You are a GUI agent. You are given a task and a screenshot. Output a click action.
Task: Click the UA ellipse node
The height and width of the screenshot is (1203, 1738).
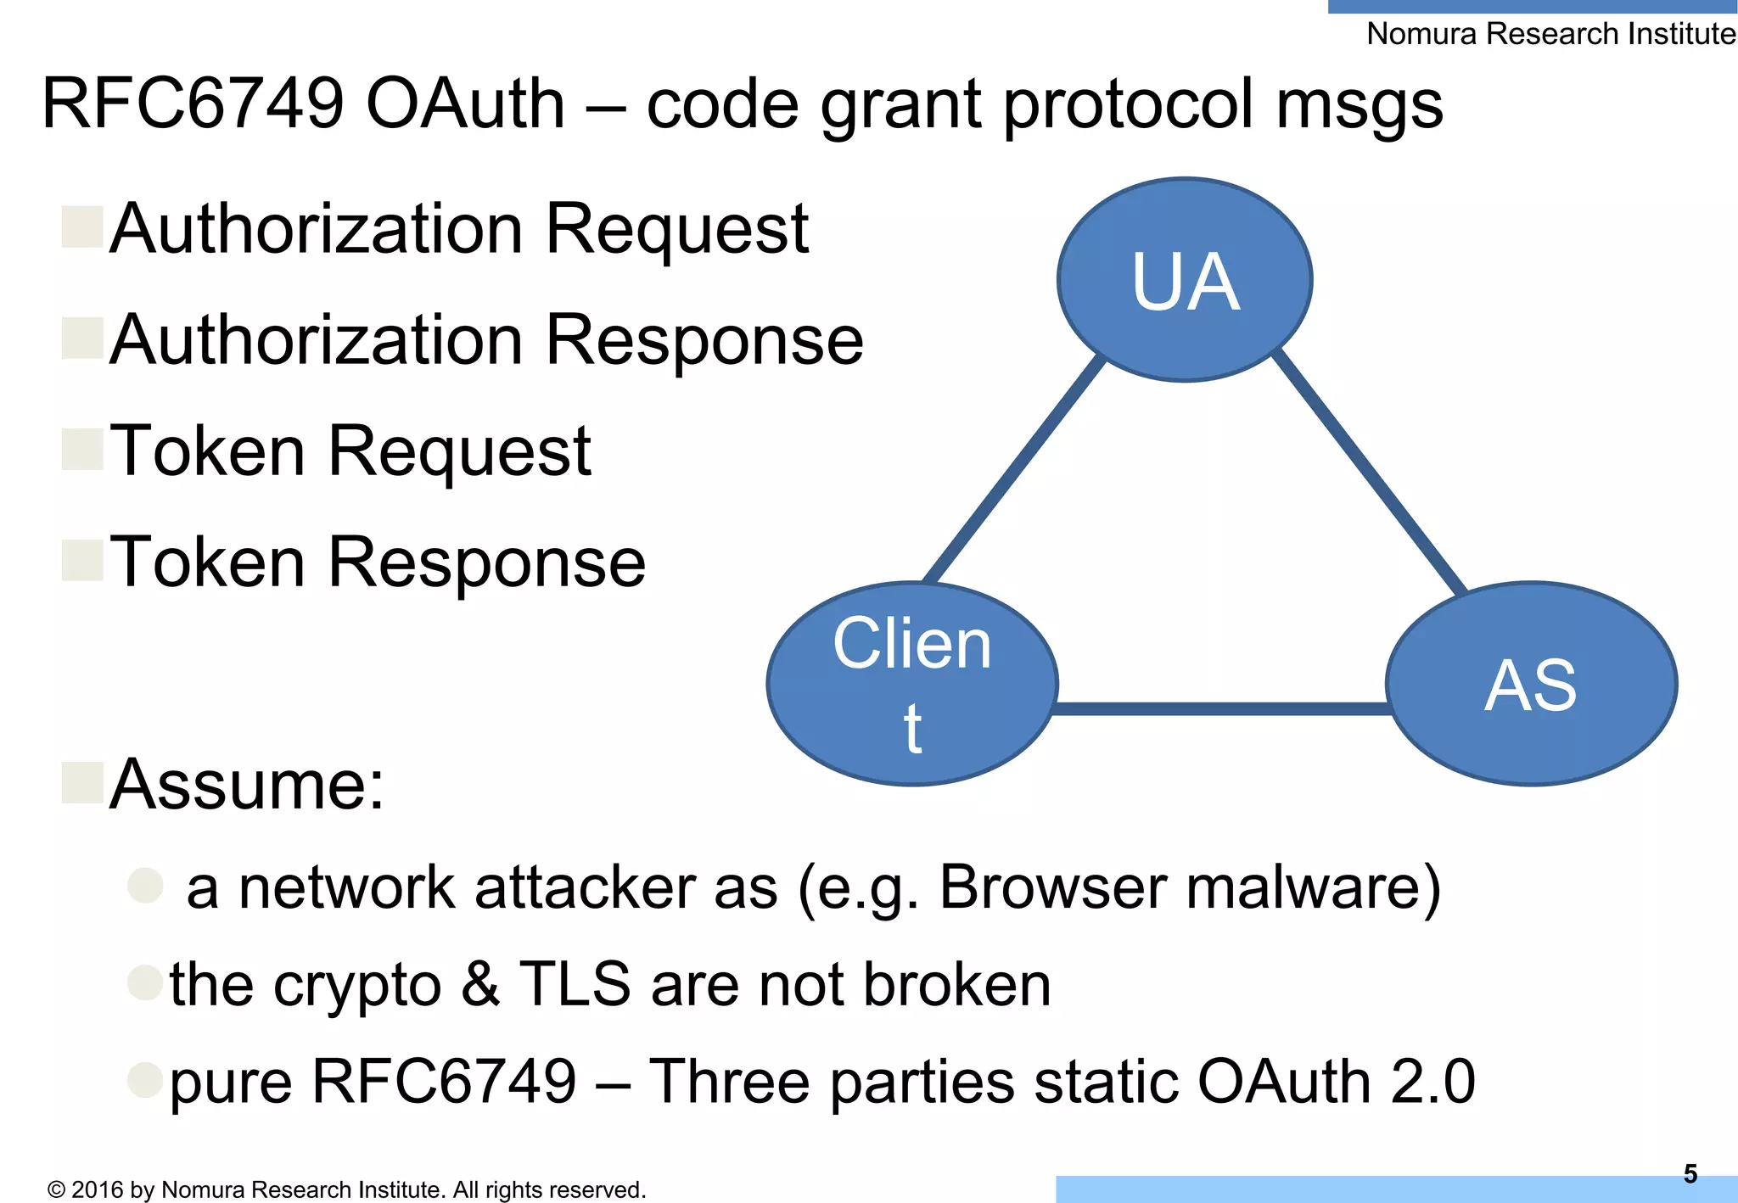(1185, 280)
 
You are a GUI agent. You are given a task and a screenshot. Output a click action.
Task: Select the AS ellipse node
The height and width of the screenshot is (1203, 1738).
(1531, 684)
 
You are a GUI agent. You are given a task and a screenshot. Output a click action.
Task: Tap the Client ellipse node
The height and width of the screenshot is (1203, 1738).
(912, 684)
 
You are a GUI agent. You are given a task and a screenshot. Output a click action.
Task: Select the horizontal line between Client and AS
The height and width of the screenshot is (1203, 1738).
(1222, 708)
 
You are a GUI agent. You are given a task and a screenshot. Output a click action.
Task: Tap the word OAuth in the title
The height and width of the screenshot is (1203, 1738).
(465, 104)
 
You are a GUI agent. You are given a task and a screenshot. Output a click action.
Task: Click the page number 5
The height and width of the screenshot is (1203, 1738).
(1690, 1173)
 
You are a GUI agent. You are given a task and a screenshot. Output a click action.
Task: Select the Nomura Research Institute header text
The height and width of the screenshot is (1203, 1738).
(1550, 34)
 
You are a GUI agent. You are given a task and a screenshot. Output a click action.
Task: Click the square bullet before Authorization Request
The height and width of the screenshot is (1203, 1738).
(82, 227)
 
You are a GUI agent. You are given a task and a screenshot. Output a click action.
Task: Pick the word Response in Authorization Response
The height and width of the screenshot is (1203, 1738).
(704, 340)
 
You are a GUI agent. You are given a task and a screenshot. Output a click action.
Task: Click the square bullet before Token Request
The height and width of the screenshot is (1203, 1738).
(82, 449)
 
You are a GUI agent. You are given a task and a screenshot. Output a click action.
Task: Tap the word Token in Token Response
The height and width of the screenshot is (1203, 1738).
(208, 562)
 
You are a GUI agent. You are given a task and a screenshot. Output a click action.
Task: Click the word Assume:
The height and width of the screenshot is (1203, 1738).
(247, 785)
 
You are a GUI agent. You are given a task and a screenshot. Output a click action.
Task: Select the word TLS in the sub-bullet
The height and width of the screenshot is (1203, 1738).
(575, 984)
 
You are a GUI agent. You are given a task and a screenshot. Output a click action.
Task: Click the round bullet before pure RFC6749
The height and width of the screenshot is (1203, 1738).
(144, 1080)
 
